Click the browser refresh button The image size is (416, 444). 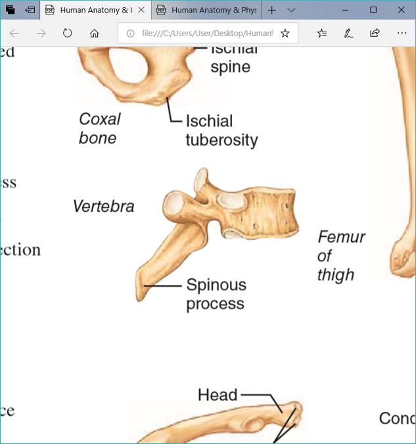tap(67, 33)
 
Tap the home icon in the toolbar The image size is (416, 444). tap(94, 33)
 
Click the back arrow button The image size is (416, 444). tap(14, 33)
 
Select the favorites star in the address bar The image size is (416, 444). tap(285, 33)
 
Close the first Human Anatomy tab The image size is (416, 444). tap(141, 10)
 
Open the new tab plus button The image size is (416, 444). tap(272, 10)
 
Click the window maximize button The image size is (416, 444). tap(373, 10)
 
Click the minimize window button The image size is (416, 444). tap(343, 10)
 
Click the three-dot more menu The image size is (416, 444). tap(402, 33)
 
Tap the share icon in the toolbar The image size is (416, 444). tap(375, 33)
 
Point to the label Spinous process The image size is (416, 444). tap(216, 294)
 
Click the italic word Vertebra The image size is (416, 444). tap(103, 206)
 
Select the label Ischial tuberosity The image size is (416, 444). tap(221, 130)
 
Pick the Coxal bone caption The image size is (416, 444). tap(99, 128)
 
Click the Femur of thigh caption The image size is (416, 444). tap(340, 255)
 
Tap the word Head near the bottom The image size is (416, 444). tap(217, 395)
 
